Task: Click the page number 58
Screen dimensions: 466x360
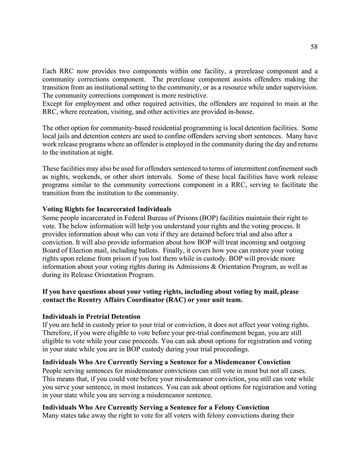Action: (x=314, y=46)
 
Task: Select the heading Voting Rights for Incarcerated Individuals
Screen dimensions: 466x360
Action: (x=107, y=209)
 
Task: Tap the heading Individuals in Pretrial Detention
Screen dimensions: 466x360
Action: (x=91, y=316)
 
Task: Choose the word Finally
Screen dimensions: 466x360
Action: (x=184, y=251)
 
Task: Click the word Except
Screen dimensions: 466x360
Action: (x=53, y=103)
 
